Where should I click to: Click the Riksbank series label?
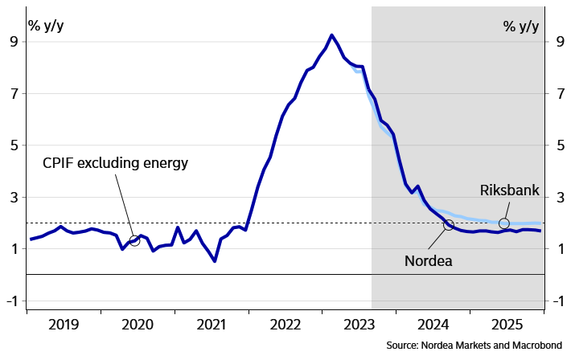(509, 190)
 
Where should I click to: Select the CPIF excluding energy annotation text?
(114, 163)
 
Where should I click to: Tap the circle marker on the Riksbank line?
(504, 223)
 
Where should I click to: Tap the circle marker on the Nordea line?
(448, 225)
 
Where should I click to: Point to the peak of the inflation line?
(331, 35)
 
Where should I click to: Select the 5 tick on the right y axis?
(557, 145)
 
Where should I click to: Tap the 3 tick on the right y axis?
(557, 198)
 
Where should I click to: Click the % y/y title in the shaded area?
(521, 26)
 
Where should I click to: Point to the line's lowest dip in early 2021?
(214, 261)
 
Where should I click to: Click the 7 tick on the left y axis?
(14, 94)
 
